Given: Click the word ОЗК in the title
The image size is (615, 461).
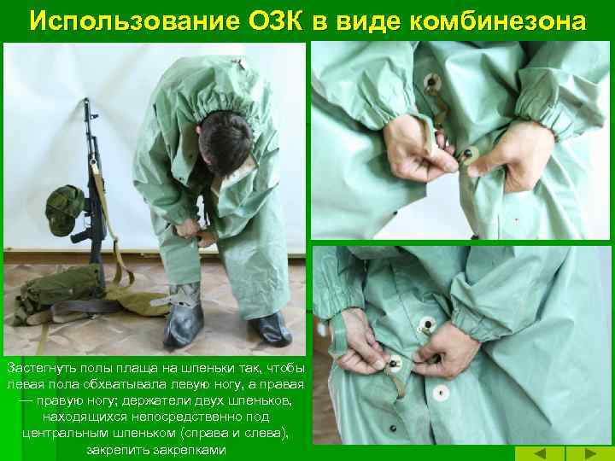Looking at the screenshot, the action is coord(275,20).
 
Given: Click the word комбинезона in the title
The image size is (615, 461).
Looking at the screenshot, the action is coord(497,21).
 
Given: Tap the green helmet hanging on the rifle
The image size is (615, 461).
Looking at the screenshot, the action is coord(64,211).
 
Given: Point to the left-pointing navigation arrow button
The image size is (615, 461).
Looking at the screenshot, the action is coord(540,453).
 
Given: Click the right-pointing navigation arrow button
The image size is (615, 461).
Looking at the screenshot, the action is coord(590,453).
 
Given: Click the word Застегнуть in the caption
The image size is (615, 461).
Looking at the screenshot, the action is coord(42,369).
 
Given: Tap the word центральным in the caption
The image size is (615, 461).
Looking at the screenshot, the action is coord(65,434).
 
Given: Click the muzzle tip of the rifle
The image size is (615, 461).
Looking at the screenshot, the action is coord(86,100).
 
